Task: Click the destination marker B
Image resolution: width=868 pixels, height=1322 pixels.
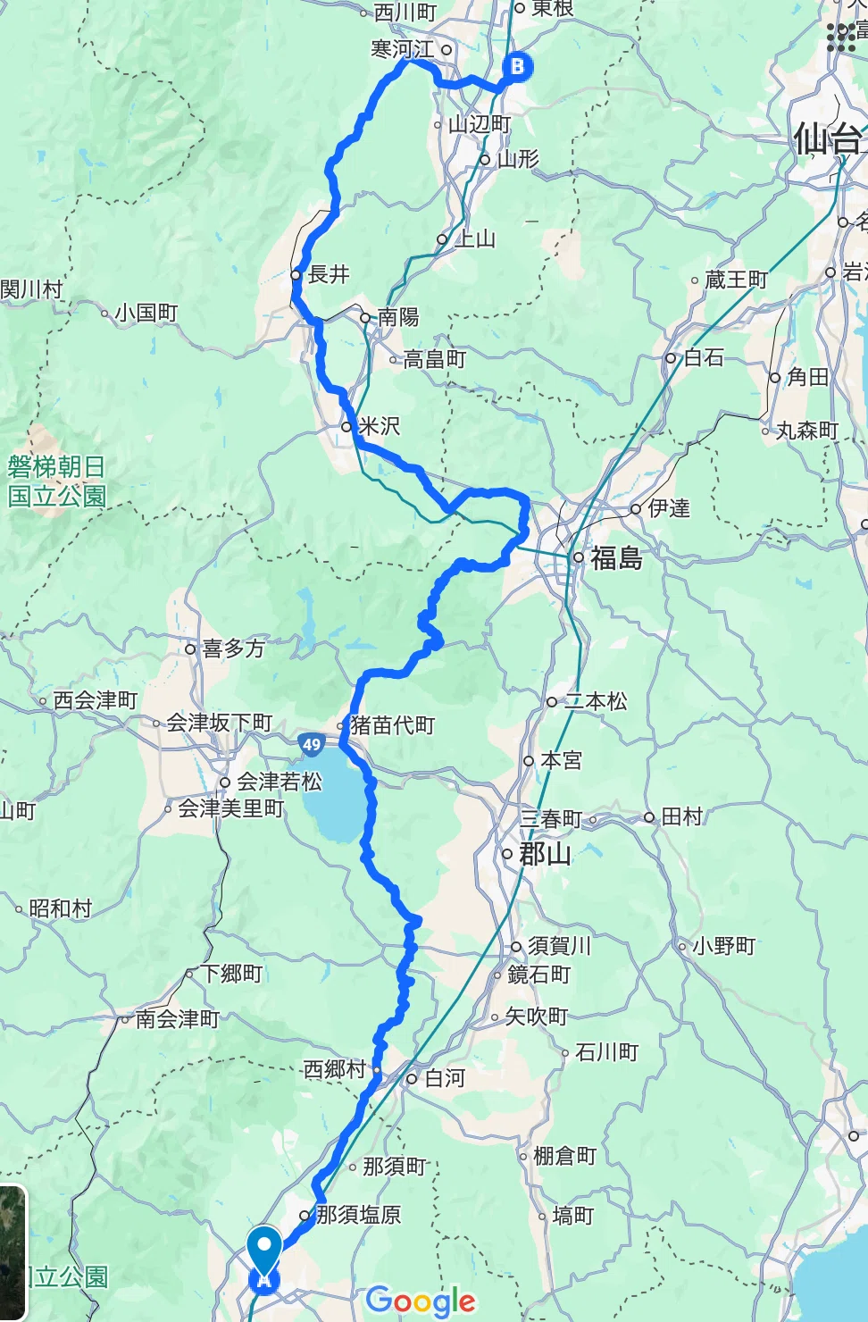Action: [517, 66]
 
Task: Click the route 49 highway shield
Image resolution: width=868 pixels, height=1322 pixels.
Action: [311, 743]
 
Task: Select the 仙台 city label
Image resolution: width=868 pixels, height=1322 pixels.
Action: [827, 140]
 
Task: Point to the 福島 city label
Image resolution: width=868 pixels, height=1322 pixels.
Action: [616, 558]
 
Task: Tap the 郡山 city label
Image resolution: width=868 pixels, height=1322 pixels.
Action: [545, 854]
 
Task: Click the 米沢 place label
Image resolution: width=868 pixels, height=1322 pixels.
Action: [379, 427]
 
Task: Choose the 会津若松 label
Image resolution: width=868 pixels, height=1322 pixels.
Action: [279, 782]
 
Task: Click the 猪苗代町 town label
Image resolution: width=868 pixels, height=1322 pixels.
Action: [392, 724]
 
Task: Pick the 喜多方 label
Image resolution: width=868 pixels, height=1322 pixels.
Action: [233, 648]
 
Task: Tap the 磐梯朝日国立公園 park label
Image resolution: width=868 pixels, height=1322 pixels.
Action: [57, 481]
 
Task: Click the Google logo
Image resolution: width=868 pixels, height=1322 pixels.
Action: [421, 1301]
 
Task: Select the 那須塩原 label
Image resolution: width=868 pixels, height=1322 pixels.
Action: [358, 1215]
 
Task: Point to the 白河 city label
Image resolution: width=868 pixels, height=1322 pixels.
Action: [445, 1078]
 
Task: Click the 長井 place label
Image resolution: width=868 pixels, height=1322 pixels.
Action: [328, 274]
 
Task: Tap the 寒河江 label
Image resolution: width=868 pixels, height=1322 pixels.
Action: [403, 49]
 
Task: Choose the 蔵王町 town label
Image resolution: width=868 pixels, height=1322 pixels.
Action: [736, 280]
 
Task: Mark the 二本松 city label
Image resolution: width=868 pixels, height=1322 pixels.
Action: [596, 701]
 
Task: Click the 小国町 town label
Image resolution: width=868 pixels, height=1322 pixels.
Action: [146, 313]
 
